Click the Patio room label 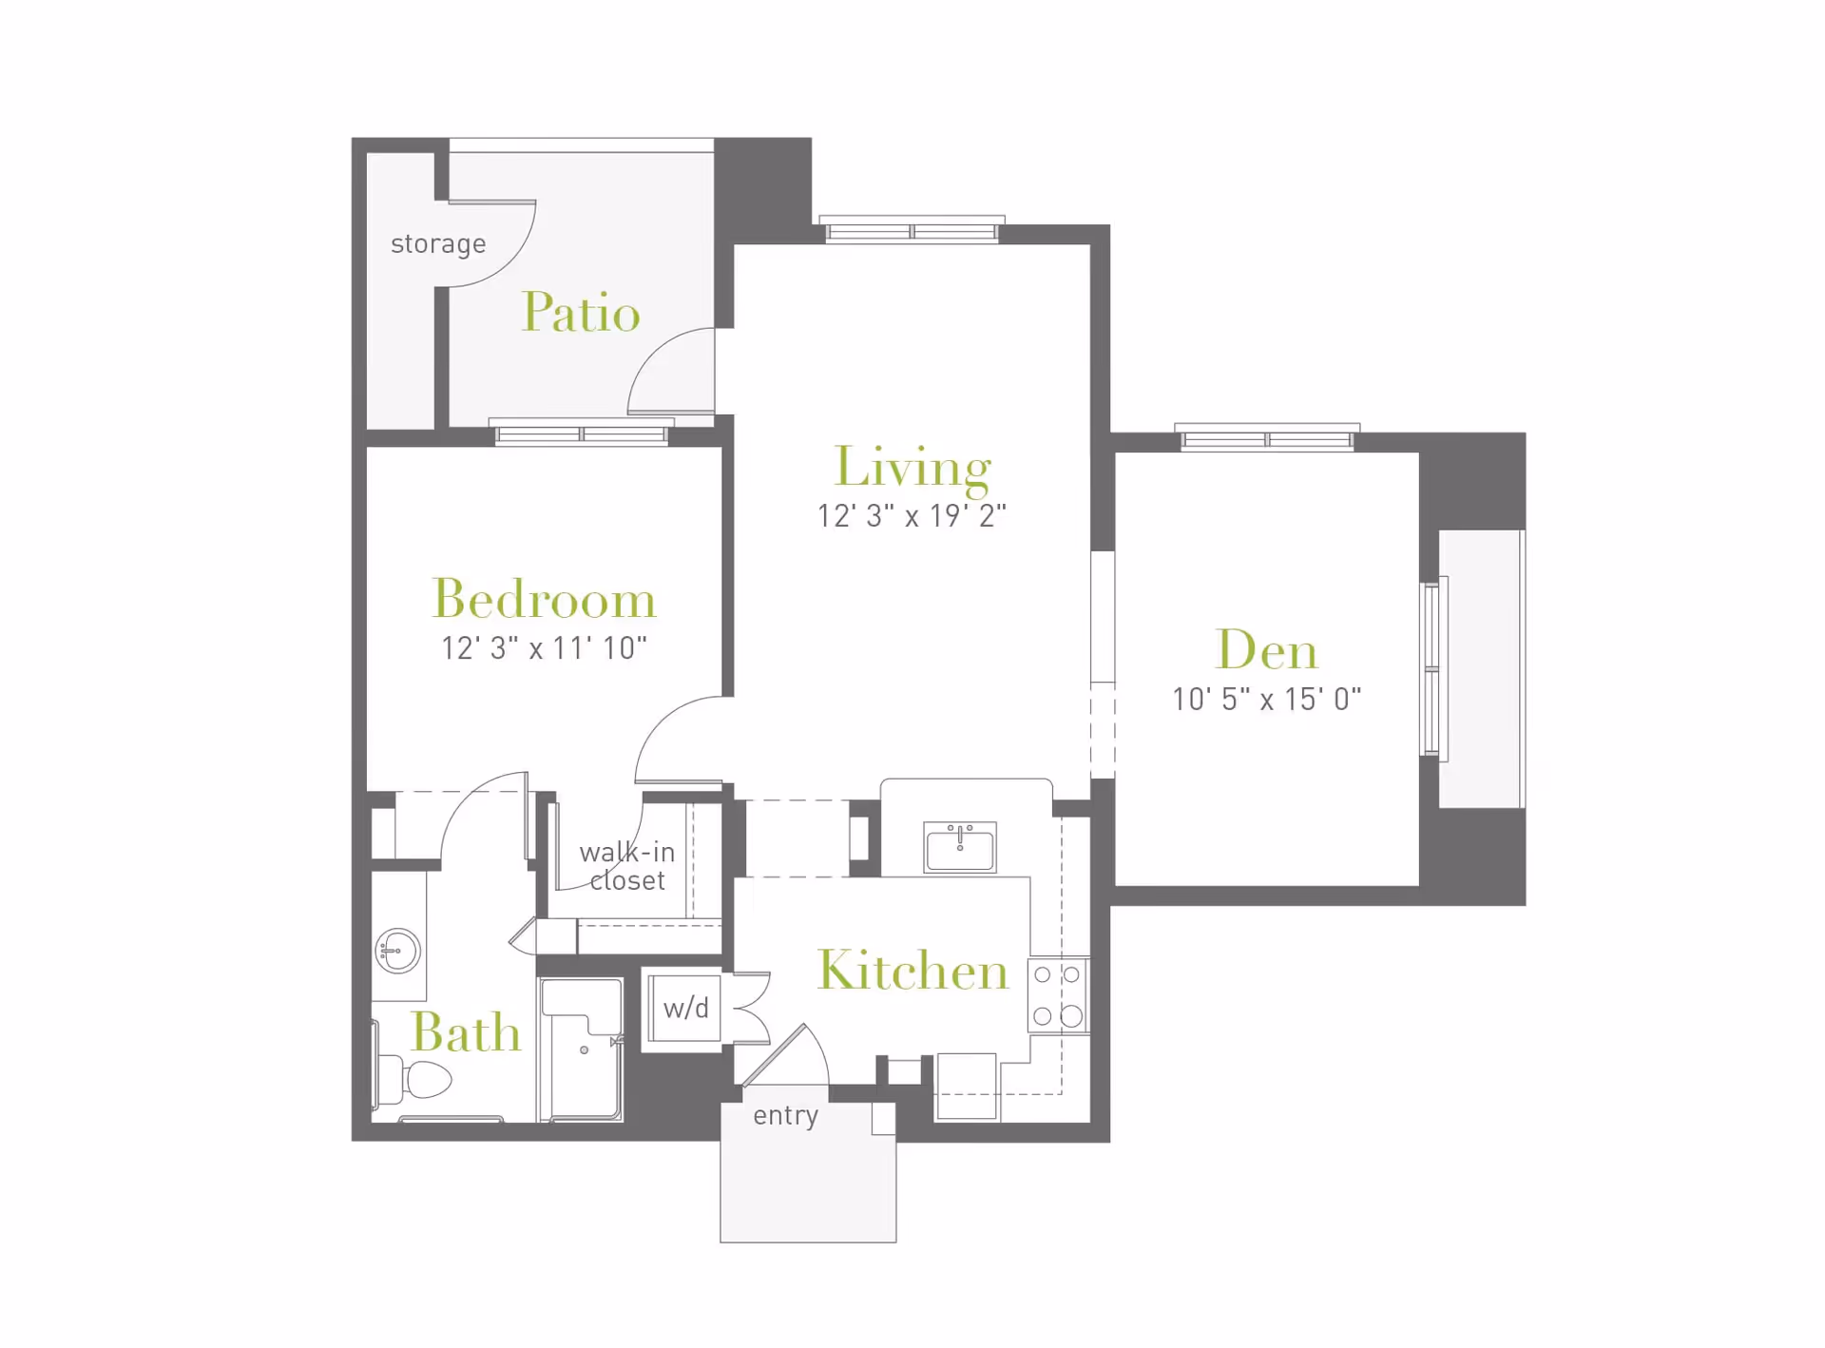(x=581, y=313)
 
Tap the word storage (x=438, y=244)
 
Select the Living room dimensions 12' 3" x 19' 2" (x=911, y=516)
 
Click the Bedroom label (x=544, y=600)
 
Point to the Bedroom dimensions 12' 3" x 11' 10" (x=544, y=648)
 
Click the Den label (x=1266, y=651)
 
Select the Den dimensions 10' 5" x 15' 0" (x=1266, y=700)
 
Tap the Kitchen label (x=912, y=971)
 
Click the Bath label (x=466, y=1033)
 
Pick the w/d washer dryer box (x=685, y=1009)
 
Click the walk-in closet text (x=627, y=866)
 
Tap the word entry (x=785, y=1115)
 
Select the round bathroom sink (x=398, y=950)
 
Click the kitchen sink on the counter (x=960, y=847)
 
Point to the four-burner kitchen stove (x=1057, y=995)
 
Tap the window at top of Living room (x=912, y=231)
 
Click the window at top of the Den (x=1267, y=439)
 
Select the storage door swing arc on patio (x=509, y=252)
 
